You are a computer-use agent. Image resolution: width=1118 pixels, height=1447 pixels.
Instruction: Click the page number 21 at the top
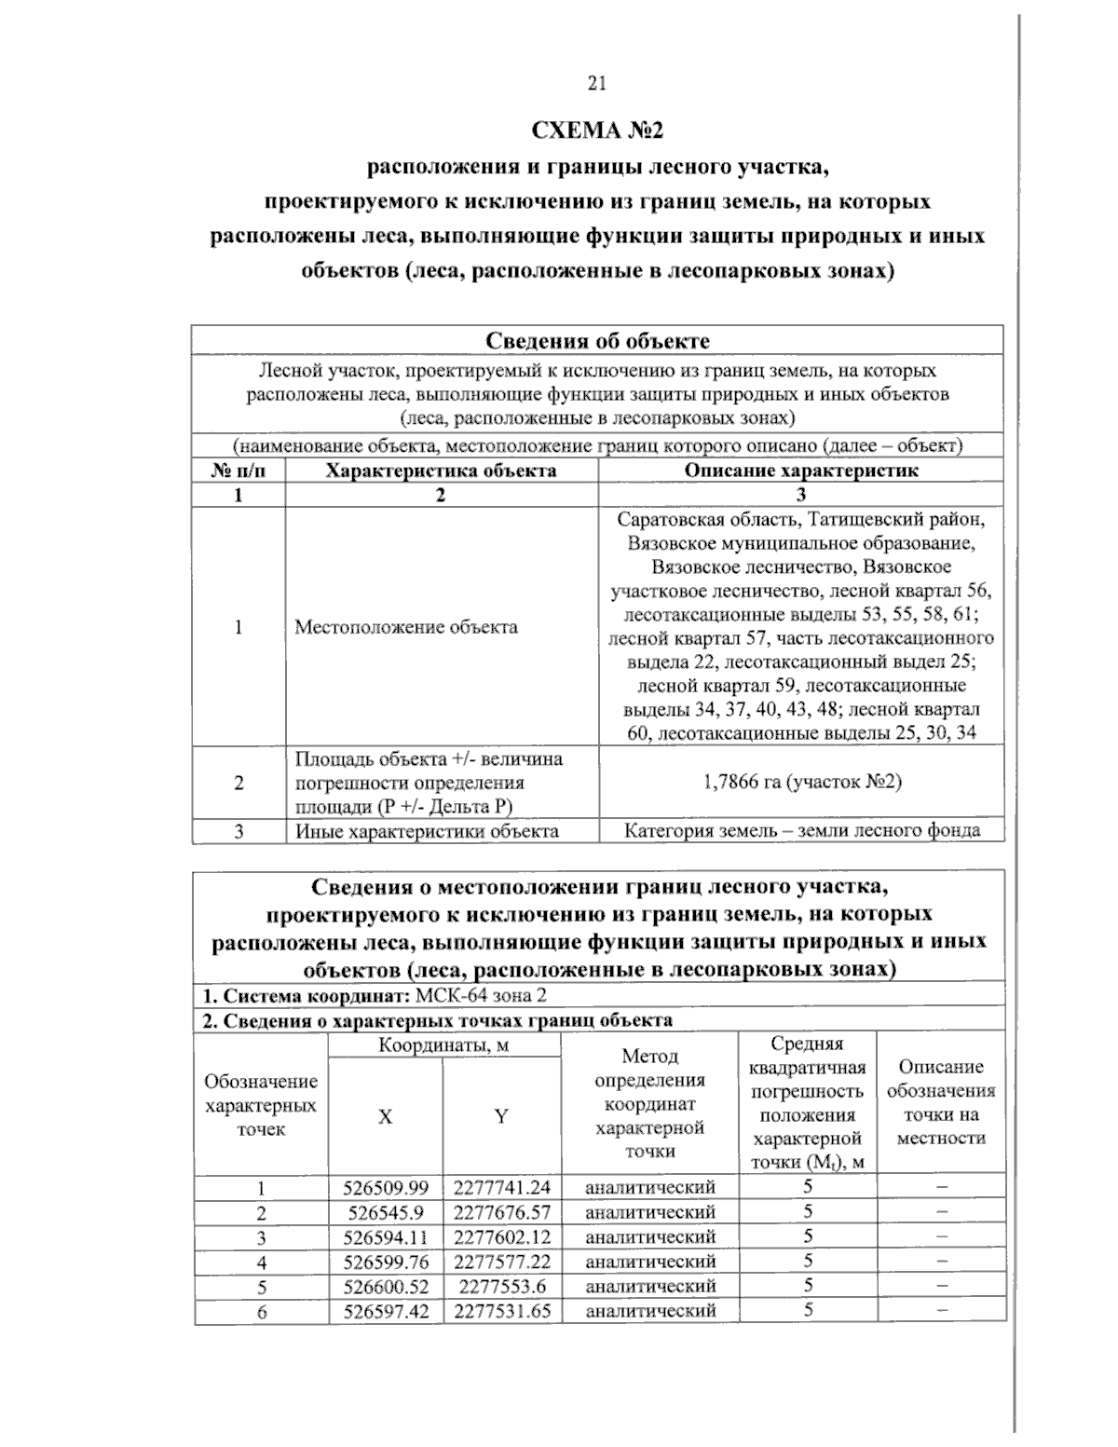tap(597, 84)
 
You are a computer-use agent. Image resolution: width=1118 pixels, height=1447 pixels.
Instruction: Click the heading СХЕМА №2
tap(596, 130)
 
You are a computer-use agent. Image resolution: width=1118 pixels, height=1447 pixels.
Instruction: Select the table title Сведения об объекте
tap(597, 340)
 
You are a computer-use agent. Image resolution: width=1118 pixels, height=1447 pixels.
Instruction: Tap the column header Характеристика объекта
tap(441, 471)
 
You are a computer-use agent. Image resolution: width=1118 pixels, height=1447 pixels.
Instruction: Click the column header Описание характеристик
tap(801, 471)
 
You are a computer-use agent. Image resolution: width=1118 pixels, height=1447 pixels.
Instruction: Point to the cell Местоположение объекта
tap(406, 627)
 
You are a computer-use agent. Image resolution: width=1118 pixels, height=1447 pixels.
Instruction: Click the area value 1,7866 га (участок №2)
tap(801, 782)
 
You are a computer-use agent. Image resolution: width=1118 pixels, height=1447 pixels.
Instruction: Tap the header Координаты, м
tap(443, 1045)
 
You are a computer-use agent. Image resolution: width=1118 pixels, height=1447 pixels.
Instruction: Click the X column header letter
tap(385, 1117)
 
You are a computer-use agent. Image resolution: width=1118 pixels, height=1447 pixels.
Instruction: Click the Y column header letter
tap(501, 1117)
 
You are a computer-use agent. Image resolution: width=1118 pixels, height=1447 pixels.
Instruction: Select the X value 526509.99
tap(386, 1188)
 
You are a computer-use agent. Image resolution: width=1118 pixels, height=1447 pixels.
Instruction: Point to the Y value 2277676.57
tap(502, 1213)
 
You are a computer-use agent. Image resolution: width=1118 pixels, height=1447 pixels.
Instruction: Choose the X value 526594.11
tap(386, 1237)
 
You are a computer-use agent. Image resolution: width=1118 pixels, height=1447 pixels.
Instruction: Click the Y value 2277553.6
tap(502, 1287)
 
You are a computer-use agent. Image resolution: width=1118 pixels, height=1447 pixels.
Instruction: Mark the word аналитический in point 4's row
tap(650, 1263)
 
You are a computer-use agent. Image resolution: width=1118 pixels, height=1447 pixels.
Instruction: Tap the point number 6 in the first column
tap(262, 1312)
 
